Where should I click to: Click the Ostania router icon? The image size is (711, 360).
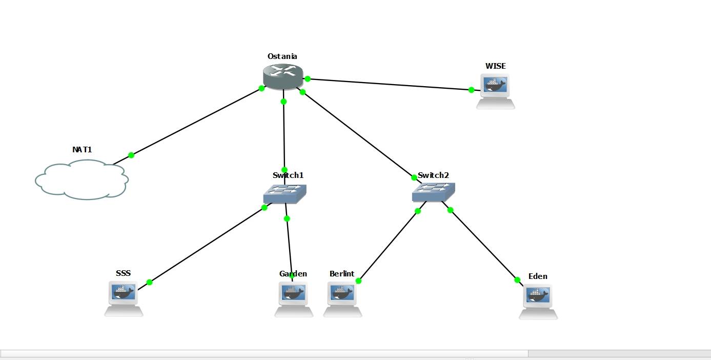click(x=282, y=76)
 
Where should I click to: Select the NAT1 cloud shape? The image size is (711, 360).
click(x=82, y=179)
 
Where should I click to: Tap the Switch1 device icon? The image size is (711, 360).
click(x=285, y=193)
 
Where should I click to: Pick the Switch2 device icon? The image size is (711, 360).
click(x=433, y=192)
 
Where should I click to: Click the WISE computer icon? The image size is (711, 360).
click(x=495, y=90)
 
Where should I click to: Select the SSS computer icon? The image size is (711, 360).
click(x=124, y=297)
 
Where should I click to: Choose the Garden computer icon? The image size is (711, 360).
click(x=294, y=298)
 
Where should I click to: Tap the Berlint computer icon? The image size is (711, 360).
click(x=342, y=298)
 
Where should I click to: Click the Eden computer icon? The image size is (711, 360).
click(x=538, y=301)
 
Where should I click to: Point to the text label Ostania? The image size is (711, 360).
click(x=282, y=56)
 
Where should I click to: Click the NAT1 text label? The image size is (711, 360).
click(x=82, y=150)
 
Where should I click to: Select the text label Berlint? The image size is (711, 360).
click(x=342, y=274)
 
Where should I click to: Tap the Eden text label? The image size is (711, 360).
click(x=538, y=276)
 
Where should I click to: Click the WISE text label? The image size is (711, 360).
click(x=495, y=66)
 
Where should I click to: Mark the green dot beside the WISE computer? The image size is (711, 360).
click(x=472, y=90)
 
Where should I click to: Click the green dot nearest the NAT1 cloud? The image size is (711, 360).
click(x=131, y=155)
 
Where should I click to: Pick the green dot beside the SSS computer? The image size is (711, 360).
click(x=149, y=282)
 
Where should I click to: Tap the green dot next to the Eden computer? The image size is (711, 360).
click(x=517, y=279)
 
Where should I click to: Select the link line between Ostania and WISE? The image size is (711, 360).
click(x=390, y=85)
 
